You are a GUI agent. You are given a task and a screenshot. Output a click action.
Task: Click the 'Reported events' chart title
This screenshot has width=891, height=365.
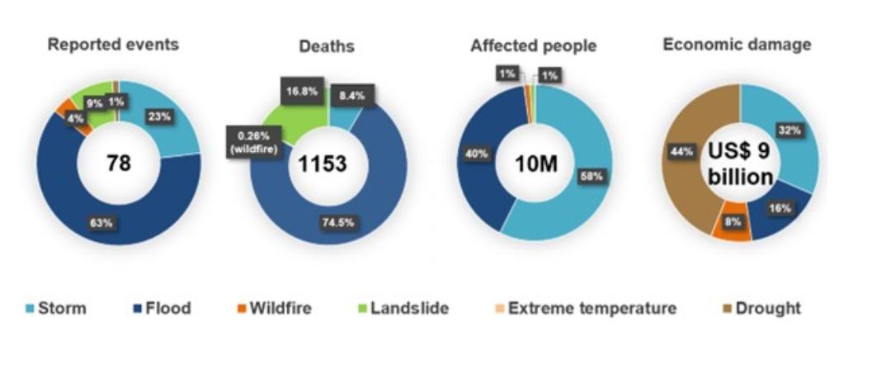(113, 45)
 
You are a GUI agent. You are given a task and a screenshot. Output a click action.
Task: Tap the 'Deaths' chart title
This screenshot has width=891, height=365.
(326, 46)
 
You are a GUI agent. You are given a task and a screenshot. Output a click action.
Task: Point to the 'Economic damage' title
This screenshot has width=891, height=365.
(737, 45)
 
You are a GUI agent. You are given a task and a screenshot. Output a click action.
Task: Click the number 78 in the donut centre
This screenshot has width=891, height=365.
(119, 164)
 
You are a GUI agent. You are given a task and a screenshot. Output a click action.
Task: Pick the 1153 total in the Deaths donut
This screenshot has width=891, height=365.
(322, 164)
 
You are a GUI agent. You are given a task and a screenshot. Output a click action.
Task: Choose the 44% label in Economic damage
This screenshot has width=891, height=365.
(681, 151)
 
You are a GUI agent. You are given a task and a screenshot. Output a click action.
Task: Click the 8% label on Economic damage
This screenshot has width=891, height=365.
(730, 222)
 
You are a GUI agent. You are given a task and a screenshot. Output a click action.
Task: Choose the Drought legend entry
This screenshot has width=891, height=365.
(764, 309)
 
